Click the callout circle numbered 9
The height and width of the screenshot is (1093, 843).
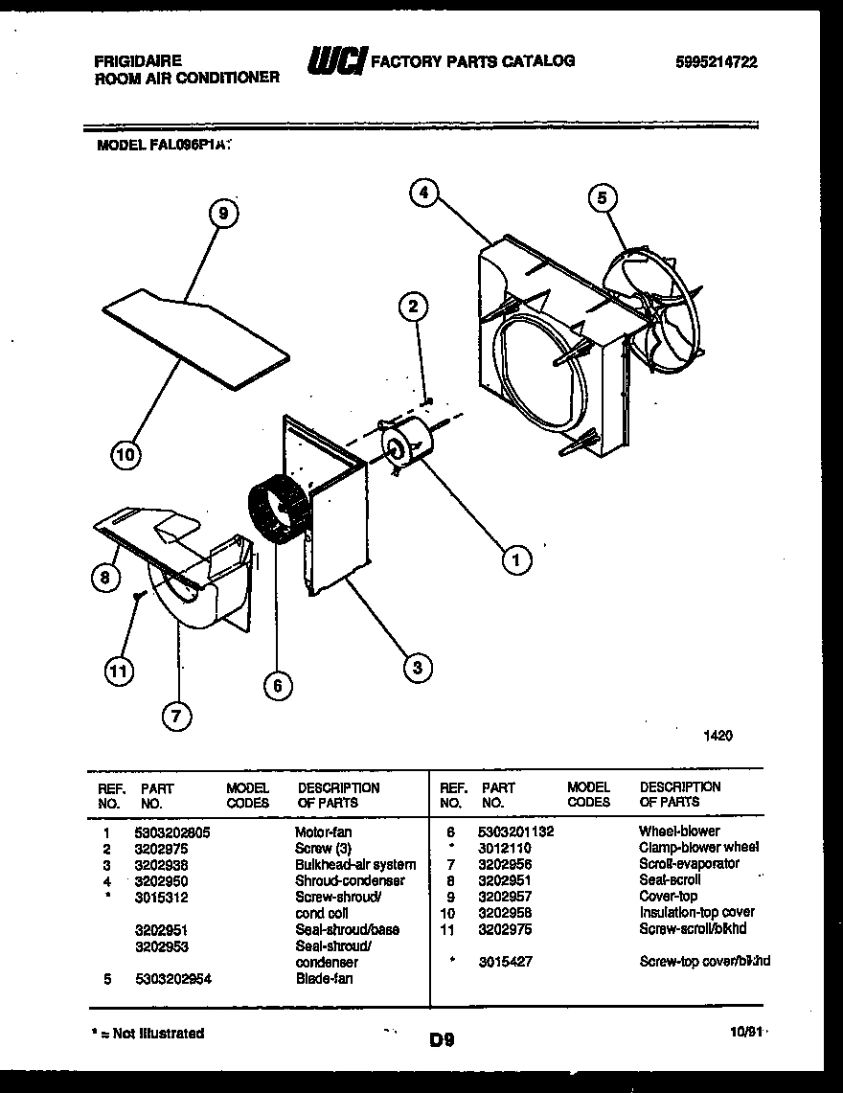pyautogui.click(x=222, y=215)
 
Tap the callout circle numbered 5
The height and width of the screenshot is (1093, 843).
pyautogui.click(x=602, y=198)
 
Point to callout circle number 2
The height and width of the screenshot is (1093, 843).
pyautogui.click(x=413, y=307)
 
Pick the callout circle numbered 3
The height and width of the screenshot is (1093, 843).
pyautogui.click(x=417, y=667)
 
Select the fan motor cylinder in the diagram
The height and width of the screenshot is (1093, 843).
pyautogui.click(x=406, y=445)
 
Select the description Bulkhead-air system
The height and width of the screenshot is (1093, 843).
pyautogui.click(x=354, y=864)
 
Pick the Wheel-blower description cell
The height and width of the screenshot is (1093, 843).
pyautogui.click(x=679, y=831)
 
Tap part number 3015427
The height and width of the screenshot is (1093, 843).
pyautogui.click(x=504, y=961)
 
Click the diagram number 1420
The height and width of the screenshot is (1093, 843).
pyautogui.click(x=718, y=736)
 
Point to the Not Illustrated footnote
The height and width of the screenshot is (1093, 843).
pyautogui.click(x=147, y=1033)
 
